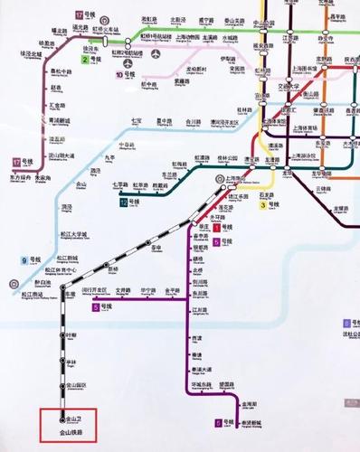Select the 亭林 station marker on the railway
62,363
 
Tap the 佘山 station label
83,184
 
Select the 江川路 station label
200,310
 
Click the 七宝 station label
137,120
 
